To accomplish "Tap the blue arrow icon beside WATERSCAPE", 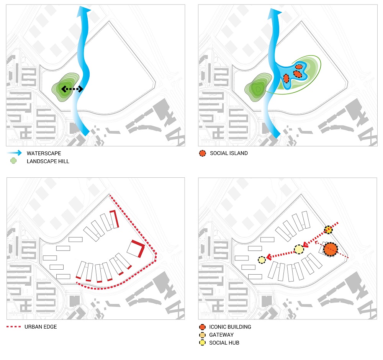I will (x=15, y=153).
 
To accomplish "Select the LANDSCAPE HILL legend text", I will (x=48, y=161).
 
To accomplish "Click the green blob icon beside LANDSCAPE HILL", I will (x=14, y=161).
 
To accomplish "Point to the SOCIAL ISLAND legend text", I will (x=229, y=153).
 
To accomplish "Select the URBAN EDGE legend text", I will (x=41, y=327).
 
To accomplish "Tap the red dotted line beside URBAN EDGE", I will (x=15, y=327).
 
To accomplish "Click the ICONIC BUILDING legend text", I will (x=230, y=327).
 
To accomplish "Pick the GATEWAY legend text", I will (x=221, y=335).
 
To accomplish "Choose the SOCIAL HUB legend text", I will (x=224, y=343).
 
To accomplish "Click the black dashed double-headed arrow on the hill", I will (x=72, y=89).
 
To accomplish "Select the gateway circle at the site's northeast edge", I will (x=328, y=229).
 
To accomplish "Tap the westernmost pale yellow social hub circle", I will (x=262, y=260).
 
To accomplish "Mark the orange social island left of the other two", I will (x=286, y=78).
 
